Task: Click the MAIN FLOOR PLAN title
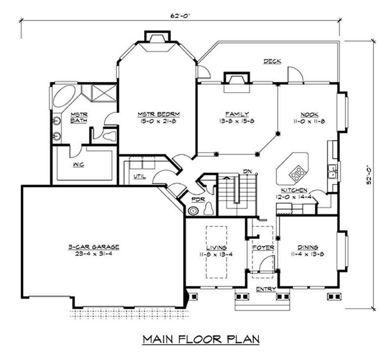click(x=201, y=339)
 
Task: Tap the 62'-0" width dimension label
click(x=180, y=16)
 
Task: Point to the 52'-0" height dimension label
click(x=369, y=175)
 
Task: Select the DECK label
click(x=272, y=61)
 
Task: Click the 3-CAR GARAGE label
click(x=94, y=247)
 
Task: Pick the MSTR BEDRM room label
click(x=159, y=114)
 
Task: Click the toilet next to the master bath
click(x=110, y=136)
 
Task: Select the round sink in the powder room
click(x=193, y=211)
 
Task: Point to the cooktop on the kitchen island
click(x=297, y=173)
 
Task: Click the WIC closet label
click(x=78, y=164)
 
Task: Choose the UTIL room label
click(x=140, y=176)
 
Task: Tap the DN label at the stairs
click(x=247, y=171)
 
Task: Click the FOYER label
click(x=263, y=248)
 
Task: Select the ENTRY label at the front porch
click(x=266, y=289)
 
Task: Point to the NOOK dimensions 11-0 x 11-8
click(x=309, y=121)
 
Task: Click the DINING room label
click(x=308, y=247)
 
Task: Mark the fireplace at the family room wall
click(x=237, y=82)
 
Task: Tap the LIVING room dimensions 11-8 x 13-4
click(x=216, y=255)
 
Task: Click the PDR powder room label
click(x=199, y=200)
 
